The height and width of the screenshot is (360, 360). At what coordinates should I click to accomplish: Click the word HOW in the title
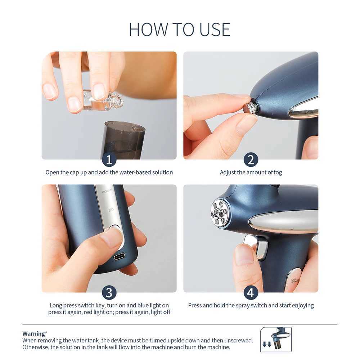point(144,30)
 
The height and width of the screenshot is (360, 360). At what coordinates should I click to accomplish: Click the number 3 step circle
point(109,292)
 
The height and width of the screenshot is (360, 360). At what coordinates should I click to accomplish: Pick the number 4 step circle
point(251,292)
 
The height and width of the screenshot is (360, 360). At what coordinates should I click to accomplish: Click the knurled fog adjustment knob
point(249,108)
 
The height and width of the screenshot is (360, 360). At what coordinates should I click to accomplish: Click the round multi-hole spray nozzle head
point(219,213)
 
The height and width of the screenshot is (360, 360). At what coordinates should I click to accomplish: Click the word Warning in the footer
point(34,333)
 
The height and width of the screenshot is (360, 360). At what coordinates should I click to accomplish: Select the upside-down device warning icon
point(276,339)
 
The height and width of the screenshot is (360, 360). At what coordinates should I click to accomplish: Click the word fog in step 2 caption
point(277,172)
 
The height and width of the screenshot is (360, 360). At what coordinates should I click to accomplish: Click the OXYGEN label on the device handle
point(107,189)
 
